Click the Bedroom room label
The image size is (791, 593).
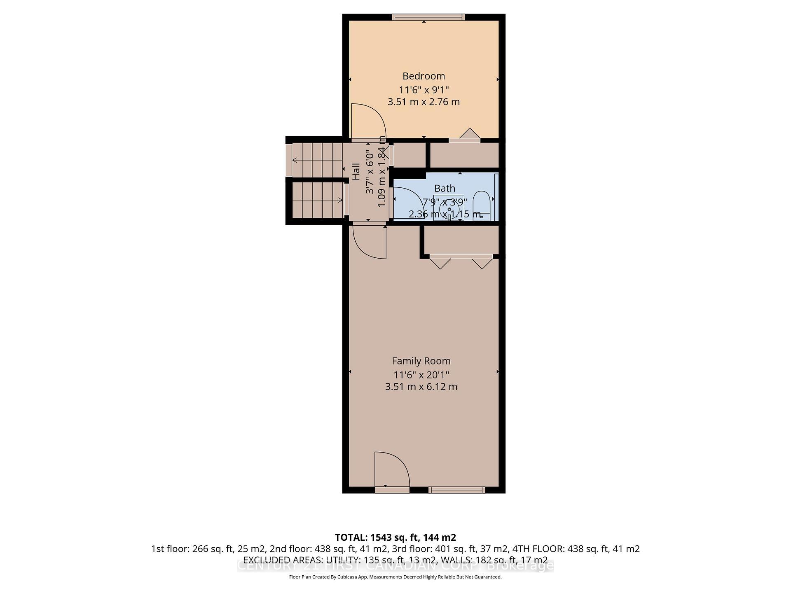click(x=424, y=76)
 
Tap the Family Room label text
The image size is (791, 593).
click(x=421, y=361)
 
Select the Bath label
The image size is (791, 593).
click(x=445, y=189)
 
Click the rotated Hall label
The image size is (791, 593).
click(x=356, y=171)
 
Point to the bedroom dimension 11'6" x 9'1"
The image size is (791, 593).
click(x=424, y=90)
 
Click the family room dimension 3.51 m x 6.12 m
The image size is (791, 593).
click(x=421, y=387)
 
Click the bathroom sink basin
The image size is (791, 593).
click(x=449, y=209)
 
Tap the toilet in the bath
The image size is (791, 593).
click(x=480, y=205)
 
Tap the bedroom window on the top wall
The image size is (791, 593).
click(x=428, y=17)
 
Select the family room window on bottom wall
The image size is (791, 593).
click(x=456, y=490)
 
